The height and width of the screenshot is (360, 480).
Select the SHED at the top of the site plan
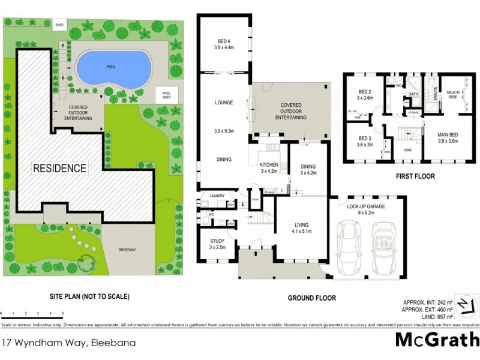tap(59, 25)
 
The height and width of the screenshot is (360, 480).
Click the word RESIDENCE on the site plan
tap(59, 168)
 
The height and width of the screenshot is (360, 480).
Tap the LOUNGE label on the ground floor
tap(224, 103)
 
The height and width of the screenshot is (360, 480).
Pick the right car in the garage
tap(385, 248)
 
